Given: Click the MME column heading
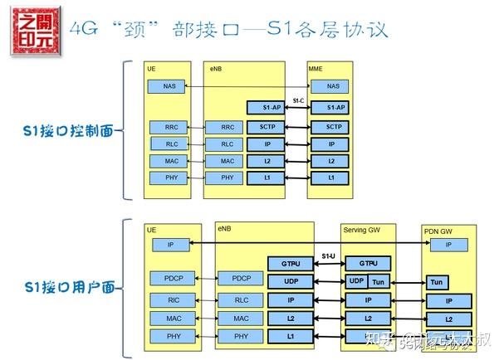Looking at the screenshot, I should click(x=316, y=67).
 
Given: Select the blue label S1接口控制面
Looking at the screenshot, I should click(x=68, y=130).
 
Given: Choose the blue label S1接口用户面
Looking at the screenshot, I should click(x=68, y=287).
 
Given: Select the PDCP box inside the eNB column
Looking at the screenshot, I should click(x=241, y=278).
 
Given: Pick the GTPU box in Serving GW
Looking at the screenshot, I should click(x=367, y=262).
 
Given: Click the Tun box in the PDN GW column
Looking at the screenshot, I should click(x=438, y=282).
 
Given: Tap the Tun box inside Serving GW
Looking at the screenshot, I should click(x=379, y=281).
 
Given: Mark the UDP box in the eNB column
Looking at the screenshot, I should click(x=290, y=281).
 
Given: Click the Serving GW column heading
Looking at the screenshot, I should click(x=360, y=228).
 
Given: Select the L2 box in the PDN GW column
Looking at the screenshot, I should click(x=448, y=319).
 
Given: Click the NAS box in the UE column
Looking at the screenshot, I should click(x=168, y=86).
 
